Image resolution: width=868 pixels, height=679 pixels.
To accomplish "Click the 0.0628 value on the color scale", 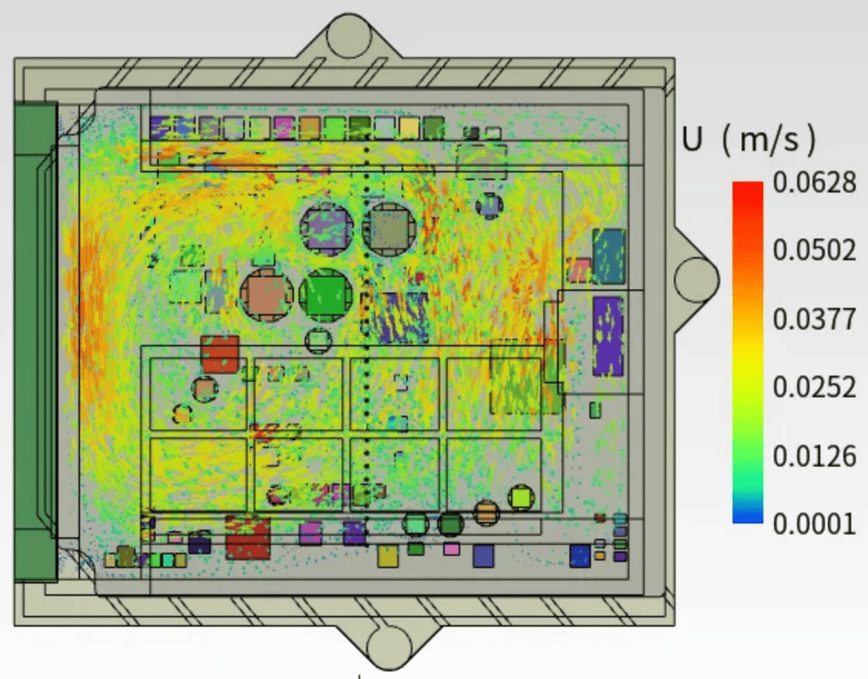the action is pos(814,182).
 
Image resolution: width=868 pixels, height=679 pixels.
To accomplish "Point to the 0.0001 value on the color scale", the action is pos(814,523).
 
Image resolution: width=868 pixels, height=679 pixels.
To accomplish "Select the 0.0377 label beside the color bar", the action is pos(814,319).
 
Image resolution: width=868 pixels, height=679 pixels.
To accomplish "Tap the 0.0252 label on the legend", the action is pos(814,387).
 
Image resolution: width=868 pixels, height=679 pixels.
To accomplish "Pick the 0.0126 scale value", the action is pos(814,456).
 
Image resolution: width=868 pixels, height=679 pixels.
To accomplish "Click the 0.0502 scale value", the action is pos(814,250).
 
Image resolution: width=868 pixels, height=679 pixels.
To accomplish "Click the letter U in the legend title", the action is pos(693,139).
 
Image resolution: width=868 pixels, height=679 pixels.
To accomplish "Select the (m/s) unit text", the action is pos(769,139).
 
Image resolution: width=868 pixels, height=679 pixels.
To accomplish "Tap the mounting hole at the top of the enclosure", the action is pos(348,35).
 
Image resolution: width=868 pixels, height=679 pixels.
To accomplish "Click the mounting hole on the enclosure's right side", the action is pos(696,279).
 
